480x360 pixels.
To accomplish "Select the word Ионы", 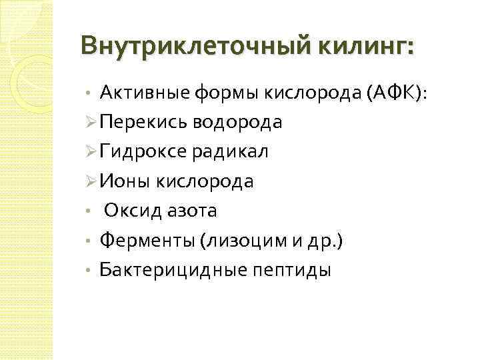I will click(x=123, y=181).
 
